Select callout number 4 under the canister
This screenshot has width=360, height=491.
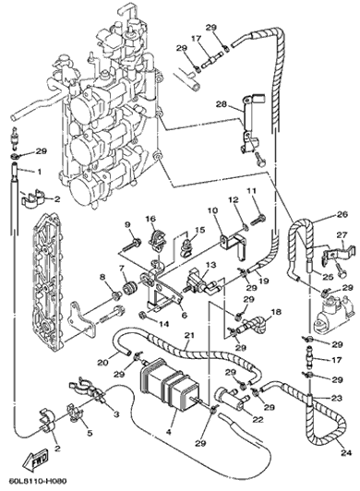click(x=169, y=432)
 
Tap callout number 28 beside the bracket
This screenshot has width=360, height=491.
click(x=222, y=104)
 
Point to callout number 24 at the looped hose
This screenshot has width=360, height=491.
click(x=347, y=452)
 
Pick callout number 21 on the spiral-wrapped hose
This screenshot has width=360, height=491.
click(x=189, y=336)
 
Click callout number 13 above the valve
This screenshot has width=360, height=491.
click(x=210, y=265)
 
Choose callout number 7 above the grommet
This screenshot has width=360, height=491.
click(x=121, y=268)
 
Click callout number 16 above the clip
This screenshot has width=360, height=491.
click(x=150, y=218)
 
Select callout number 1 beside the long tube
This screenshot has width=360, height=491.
click(x=40, y=172)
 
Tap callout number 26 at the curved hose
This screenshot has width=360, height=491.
click(x=342, y=214)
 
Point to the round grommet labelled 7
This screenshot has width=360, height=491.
click(x=130, y=288)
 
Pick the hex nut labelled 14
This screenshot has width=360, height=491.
click(x=142, y=313)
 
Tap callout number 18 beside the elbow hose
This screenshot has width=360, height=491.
click(x=276, y=312)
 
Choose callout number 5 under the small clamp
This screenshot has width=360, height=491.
click(x=90, y=433)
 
